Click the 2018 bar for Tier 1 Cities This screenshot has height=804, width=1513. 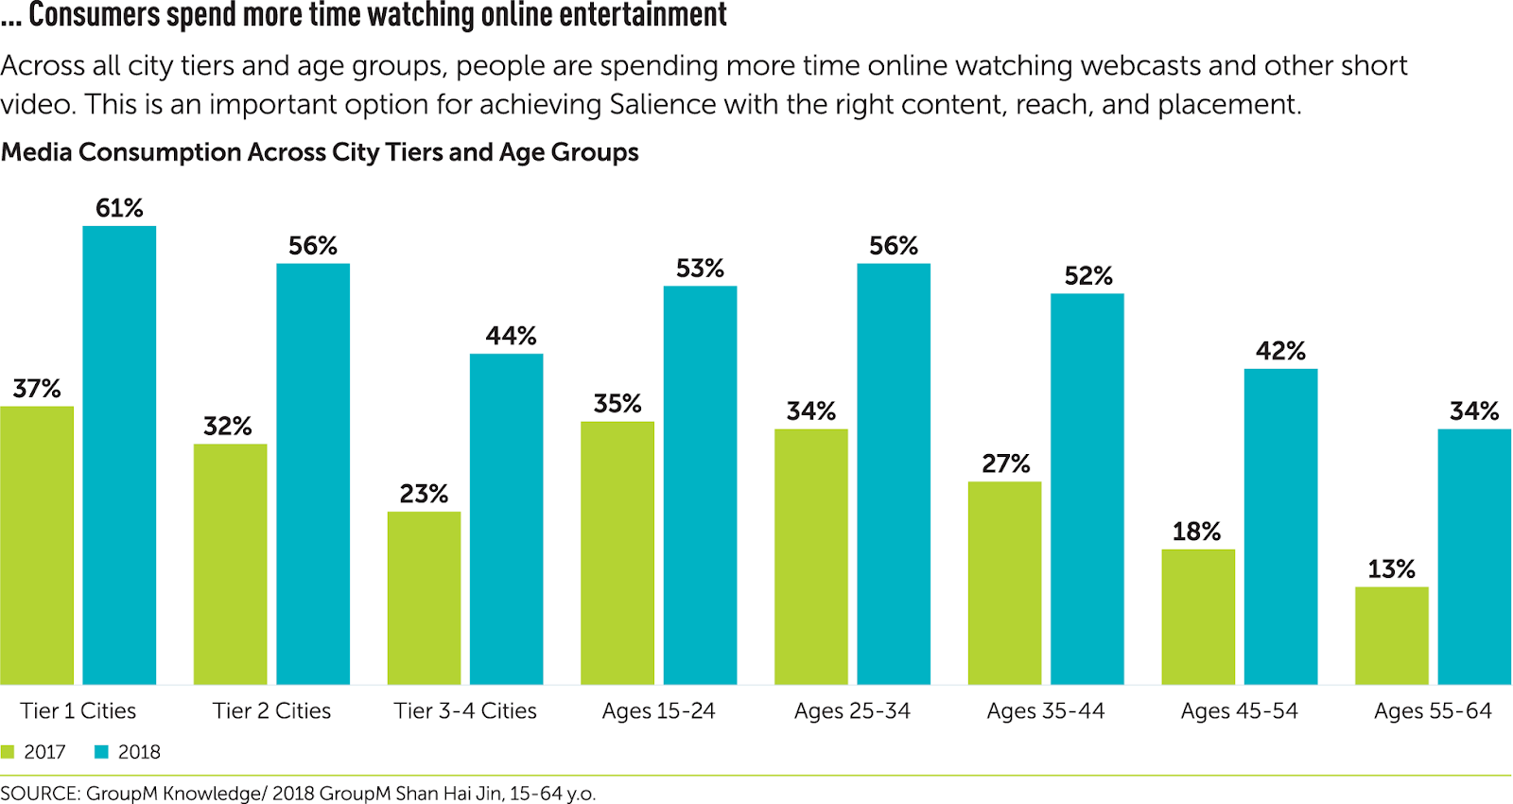(119, 454)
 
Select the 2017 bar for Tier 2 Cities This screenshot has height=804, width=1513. (230, 564)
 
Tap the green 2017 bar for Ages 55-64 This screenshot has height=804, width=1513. (1391, 636)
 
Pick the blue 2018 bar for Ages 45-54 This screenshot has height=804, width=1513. (1280, 526)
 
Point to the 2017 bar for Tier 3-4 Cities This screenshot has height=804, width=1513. (424, 598)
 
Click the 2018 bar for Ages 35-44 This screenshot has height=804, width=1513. (1087, 488)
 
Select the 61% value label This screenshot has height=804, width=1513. (119, 208)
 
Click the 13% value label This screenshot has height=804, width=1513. (1391, 569)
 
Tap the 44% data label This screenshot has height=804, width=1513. (511, 336)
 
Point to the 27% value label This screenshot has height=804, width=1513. (1005, 463)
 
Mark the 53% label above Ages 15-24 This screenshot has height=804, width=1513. (700, 269)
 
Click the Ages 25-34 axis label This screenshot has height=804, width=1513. (852, 711)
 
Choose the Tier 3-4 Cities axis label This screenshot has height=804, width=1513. (465, 711)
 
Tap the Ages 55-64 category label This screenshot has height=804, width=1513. (1433, 711)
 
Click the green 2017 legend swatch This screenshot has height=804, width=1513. (9, 752)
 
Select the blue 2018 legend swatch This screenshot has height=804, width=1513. (102, 752)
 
